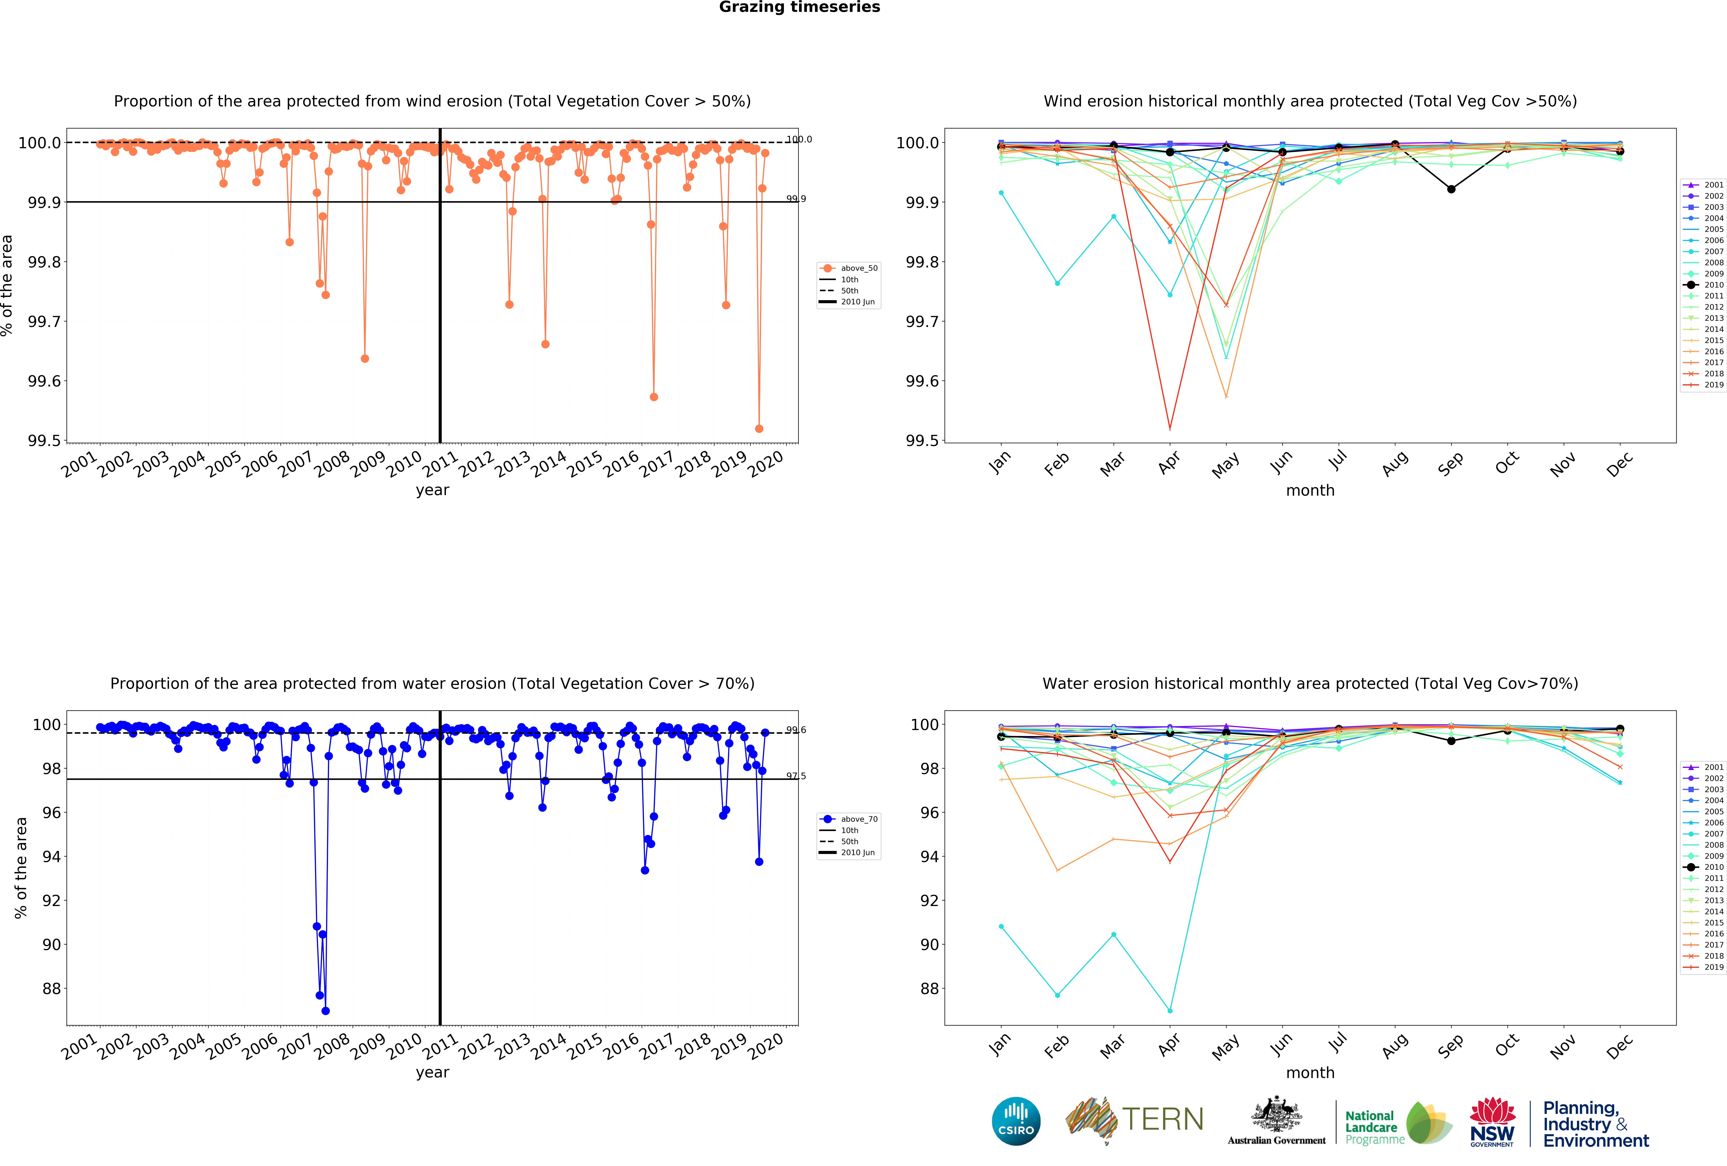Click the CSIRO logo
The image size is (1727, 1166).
tap(1016, 1121)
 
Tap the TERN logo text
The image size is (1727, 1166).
tap(1163, 1119)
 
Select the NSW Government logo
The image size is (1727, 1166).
tap(1492, 1121)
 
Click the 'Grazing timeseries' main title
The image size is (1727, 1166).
tap(800, 7)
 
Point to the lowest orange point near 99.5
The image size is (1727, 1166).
tap(759, 428)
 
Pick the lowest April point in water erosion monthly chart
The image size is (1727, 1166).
tap(1170, 1011)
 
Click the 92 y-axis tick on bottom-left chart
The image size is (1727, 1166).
tap(52, 901)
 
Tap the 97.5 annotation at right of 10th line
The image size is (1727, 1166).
tap(796, 776)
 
